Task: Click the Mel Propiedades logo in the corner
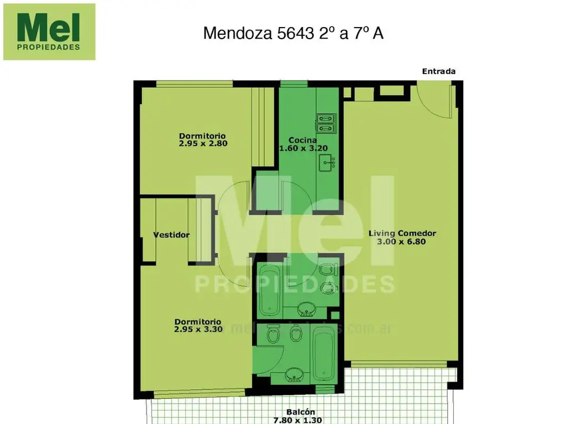click(49, 31)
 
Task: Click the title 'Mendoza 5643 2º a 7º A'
click(293, 33)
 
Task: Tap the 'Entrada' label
click(438, 71)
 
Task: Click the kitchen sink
click(328, 162)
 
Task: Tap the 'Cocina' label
click(302, 140)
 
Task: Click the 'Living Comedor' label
click(402, 234)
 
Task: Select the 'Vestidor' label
click(171, 235)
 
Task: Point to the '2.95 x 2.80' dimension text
click(203, 143)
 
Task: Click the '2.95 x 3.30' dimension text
click(198, 330)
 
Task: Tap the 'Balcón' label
click(301, 412)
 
